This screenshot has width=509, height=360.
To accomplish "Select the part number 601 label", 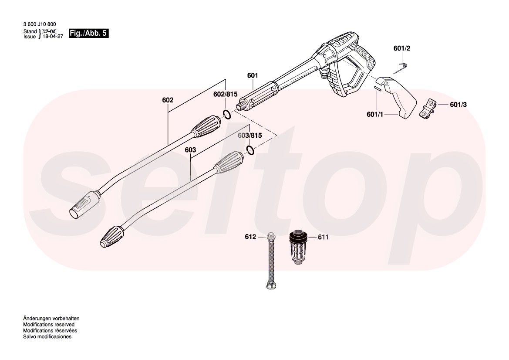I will tap(253, 75).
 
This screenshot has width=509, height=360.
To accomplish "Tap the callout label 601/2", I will tap(402, 48).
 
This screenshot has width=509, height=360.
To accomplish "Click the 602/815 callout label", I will tap(225, 95).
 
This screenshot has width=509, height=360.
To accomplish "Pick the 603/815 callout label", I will tap(249, 136).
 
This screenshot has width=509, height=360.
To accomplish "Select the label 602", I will tap(168, 100).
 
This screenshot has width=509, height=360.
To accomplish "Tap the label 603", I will tap(190, 149).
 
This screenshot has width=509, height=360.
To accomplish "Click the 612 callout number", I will tap(250, 237).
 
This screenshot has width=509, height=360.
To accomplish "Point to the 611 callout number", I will tap(323, 237).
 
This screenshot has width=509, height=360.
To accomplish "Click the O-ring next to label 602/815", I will tap(226, 115).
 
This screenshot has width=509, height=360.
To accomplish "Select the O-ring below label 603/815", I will tap(250, 150).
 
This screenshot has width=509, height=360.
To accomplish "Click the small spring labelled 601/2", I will tap(403, 68).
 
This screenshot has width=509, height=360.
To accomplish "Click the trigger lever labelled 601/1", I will tap(397, 98).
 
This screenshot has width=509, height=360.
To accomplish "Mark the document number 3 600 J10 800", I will tap(39, 24).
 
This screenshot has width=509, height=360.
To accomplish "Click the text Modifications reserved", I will tap(48, 325).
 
